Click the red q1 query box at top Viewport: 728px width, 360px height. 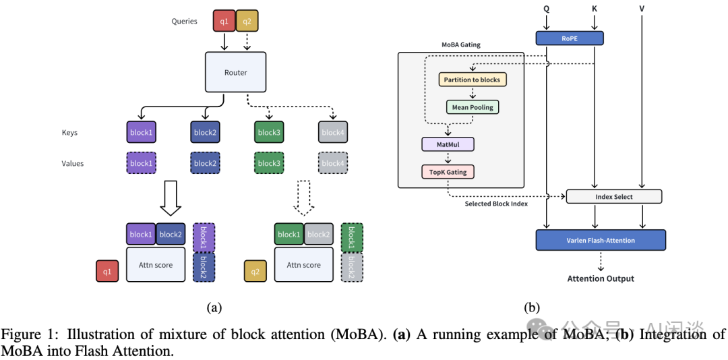pos(224,21)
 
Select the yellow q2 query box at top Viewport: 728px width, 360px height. pos(247,21)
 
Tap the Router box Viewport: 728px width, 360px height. pos(235,72)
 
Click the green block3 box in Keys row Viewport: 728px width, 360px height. pos(268,132)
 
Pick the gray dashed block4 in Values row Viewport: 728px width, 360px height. pos(332,163)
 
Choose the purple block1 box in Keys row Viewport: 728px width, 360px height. pos(141,132)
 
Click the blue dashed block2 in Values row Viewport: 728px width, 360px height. pos(204,163)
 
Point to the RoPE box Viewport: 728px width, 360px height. pos(570,38)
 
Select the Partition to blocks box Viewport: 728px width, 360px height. pos(472,80)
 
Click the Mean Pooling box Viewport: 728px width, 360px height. pos(472,107)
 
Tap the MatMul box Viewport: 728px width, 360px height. pos(448,144)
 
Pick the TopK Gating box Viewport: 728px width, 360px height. pos(448,172)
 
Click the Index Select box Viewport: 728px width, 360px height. pos(614,197)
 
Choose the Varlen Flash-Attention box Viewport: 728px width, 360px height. pos(601,240)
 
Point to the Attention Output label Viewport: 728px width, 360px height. pos(601,278)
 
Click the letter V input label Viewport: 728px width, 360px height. pos(642,9)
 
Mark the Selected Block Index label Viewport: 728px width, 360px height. pos(497,204)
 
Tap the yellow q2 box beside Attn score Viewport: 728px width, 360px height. pos(255,271)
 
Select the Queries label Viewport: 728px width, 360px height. pos(184,21)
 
